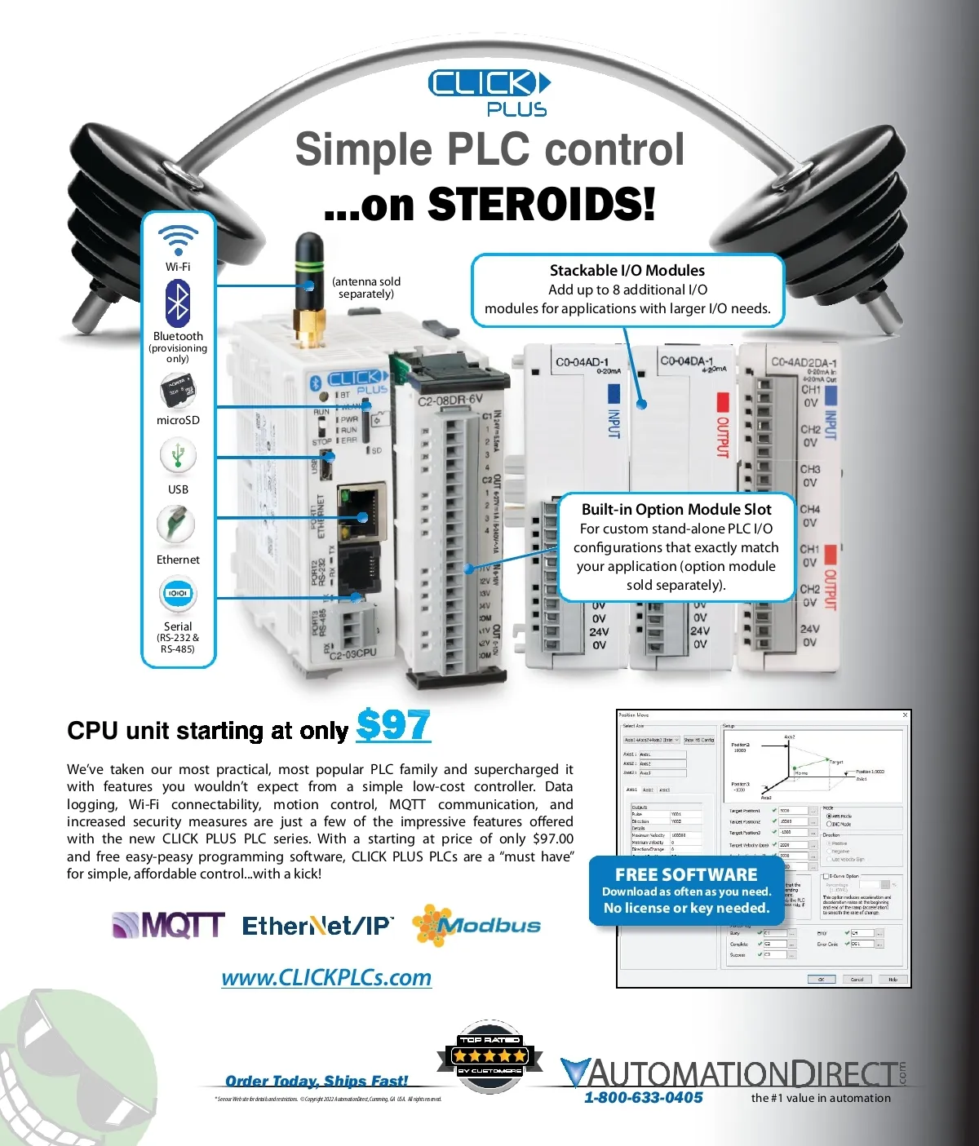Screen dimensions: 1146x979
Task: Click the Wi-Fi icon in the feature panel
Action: [178, 241]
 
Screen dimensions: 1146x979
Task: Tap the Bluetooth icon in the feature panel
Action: [178, 303]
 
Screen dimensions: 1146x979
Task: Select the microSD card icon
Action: [177, 392]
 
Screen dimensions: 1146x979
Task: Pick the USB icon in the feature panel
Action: [178, 455]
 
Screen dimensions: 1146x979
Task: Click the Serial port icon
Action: [178, 593]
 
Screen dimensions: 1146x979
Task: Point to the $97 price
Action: [393, 725]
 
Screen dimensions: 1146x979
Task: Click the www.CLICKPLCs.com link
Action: [326, 977]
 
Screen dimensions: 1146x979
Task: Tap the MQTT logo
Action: [168, 925]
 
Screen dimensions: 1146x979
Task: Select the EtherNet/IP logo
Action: [318, 926]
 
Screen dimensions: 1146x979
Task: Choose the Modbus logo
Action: [476, 926]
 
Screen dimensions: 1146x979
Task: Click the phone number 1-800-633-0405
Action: [643, 1098]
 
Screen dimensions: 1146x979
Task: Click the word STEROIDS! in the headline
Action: [542, 204]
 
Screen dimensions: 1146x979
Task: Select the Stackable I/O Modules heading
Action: [627, 270]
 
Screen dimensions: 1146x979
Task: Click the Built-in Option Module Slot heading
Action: [676, 510]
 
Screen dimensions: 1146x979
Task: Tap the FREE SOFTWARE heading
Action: [686, 874]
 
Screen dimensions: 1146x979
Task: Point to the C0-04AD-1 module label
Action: [582, 362]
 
